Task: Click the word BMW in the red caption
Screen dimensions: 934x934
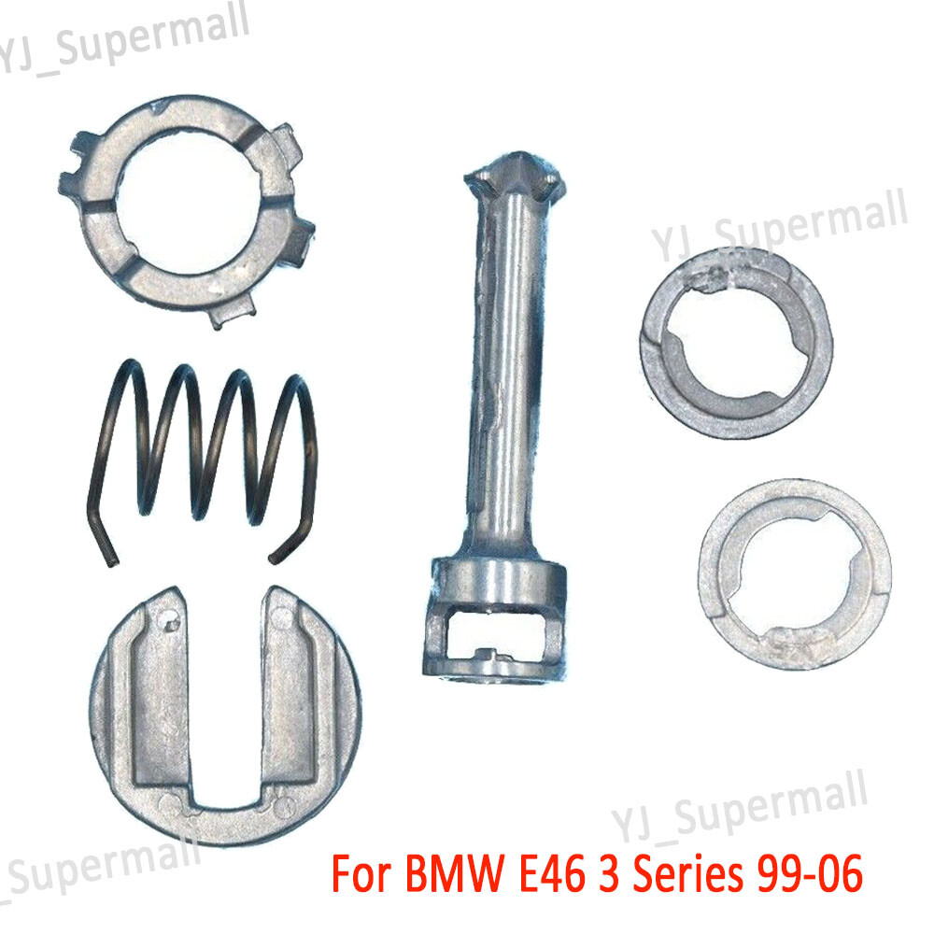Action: point(455,874)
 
